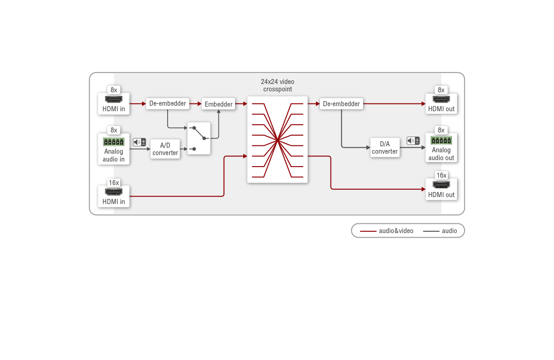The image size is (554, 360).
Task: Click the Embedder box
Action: (x=218, y=104)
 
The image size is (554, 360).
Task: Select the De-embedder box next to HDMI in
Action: (x=168, y=103)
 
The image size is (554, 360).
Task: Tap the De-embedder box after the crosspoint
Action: (x=341, y=104)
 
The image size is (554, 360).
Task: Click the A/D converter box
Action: (x=165, y=149)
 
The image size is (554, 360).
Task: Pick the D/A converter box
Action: (x=385, y=148)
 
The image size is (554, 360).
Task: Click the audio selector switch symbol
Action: (x=199, y=138)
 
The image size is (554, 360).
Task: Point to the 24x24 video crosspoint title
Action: (x=277, y=85)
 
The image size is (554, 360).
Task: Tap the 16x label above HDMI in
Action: (x=114, y=183)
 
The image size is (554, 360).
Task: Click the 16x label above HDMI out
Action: (x=441, y=175)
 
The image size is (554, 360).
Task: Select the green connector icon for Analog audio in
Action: (x=114, y=142)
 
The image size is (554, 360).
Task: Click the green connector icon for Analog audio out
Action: (x=441, y=140)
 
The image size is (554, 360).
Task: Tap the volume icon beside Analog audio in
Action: (x=139, y=142)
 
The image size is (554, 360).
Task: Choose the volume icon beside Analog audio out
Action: (x=413, y=141)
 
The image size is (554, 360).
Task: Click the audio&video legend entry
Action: (x=386, y=231)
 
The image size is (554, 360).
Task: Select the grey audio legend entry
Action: (x=440, y=231)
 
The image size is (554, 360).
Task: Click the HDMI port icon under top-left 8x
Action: (x=114, y=99)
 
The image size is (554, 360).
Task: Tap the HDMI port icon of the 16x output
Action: (x=441, y=185)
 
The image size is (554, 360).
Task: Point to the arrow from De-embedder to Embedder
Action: (x=195, y=104)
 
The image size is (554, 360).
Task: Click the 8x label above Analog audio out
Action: (x=441, y=130)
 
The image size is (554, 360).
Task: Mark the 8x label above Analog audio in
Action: (x=114, y=130)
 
